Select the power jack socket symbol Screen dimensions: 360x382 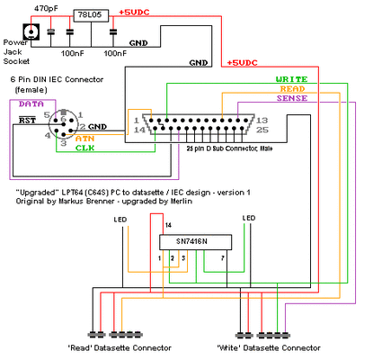tap(33, 32)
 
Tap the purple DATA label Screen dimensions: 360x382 tap(31, 104)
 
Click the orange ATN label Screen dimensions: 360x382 tap(84, 138)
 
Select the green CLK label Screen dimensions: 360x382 tap(85, 148)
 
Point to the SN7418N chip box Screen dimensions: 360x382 tap(194, 242)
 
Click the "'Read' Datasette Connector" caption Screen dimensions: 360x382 tap(107, 347)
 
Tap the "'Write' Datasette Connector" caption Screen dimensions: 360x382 tap(269, 347)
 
